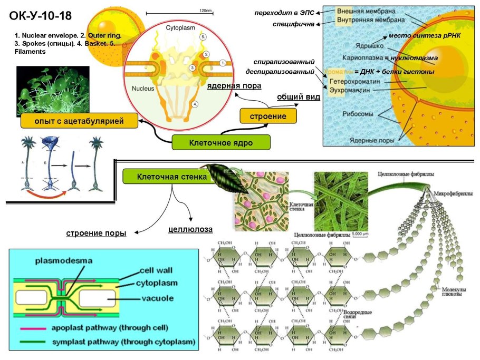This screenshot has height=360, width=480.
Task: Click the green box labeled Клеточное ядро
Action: coord(221,142)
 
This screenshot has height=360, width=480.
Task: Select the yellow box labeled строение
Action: coord(267,116)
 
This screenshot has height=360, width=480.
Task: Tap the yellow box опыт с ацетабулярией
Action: coord(79,122)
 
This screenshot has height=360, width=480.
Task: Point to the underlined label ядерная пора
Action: coord(234,86)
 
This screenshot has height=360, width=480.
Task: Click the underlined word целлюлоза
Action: coord(190,229)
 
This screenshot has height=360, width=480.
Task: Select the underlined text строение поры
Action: coord(96,233)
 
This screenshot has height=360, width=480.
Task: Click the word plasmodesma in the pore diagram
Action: coord(64,260)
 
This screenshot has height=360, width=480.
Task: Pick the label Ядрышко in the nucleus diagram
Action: coord(369,46)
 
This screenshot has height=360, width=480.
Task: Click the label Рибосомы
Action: coord(359,114)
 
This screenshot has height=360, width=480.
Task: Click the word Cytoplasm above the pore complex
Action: coord(180,27)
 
